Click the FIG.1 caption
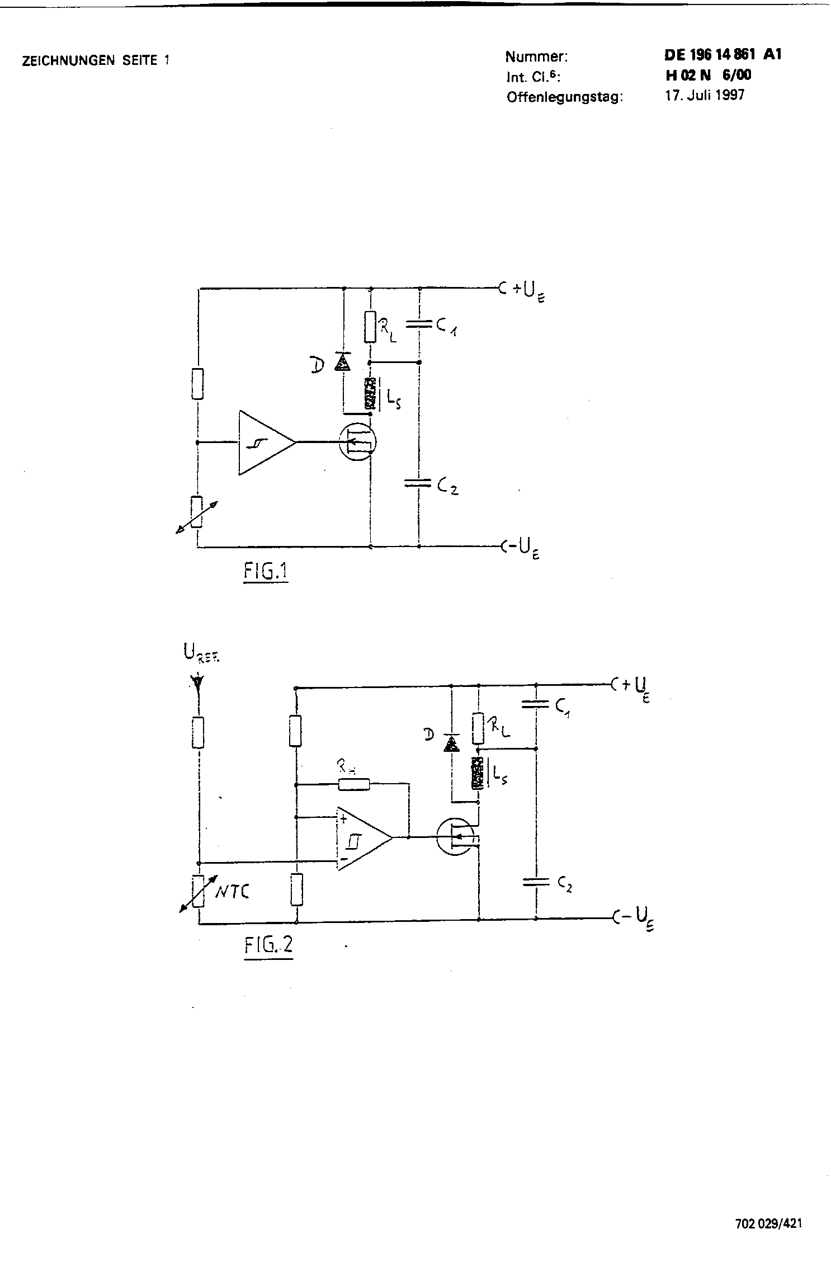(266, 571)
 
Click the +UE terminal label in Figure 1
(528, 291)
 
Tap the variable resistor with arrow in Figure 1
(197, 511)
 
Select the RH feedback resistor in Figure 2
(354, 785)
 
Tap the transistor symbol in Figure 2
(456, 837)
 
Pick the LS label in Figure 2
(499, 775)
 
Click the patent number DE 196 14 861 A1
(723, 54)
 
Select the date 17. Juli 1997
(704, 95)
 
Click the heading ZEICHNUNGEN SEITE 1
(95, 61)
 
